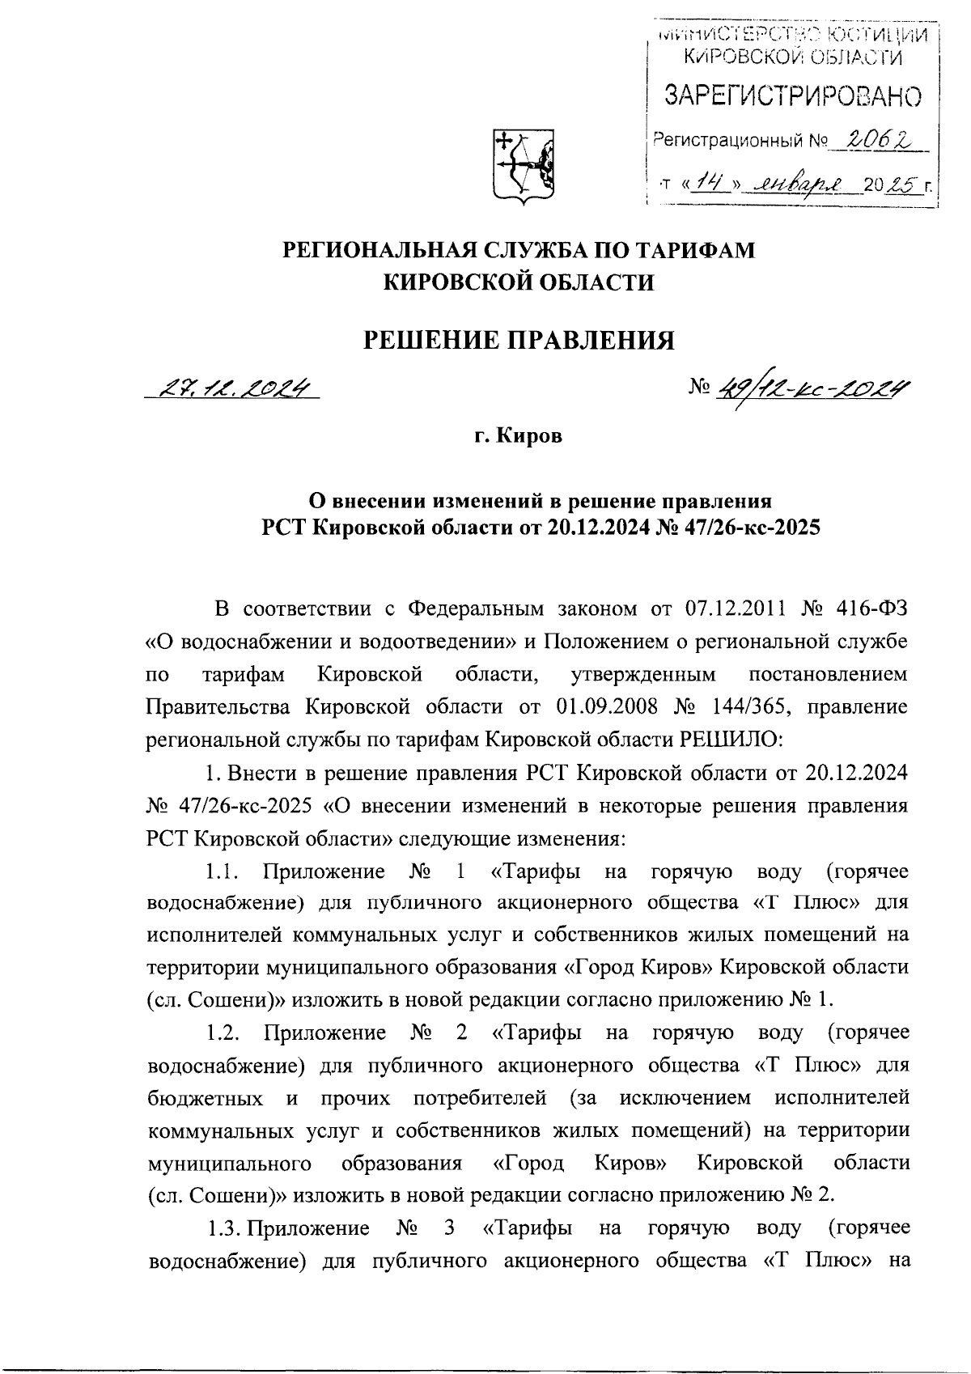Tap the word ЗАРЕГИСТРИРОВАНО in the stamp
[792, 96]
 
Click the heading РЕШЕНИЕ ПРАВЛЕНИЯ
[518, 340]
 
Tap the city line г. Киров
[518, 437]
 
